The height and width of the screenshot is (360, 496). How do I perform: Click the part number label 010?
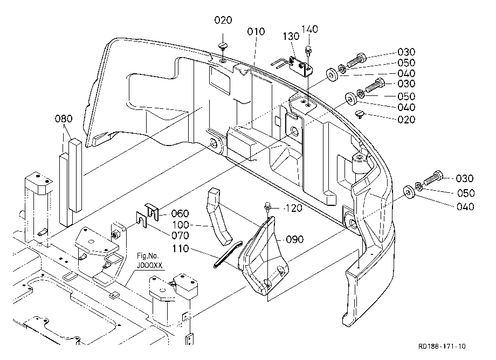tap(256, 32)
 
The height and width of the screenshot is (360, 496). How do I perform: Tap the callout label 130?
tap(291, 36)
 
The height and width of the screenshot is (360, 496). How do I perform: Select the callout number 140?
tap(309, 29)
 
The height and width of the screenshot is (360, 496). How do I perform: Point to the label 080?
tap(64, 119)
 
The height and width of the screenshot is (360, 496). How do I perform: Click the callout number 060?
tap(180, 213)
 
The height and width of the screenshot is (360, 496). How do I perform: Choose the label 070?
tap(180, 236)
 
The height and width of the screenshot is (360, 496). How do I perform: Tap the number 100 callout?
tap(181, 225)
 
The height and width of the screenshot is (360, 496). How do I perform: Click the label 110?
tap(181, 249)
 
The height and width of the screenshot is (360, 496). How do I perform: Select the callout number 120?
tap(294, 208)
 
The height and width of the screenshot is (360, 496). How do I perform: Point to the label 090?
tap(295, 240)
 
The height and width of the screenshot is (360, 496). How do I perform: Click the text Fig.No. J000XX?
tap(149, 260)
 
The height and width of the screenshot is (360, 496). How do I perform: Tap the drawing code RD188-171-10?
tap(442, 347)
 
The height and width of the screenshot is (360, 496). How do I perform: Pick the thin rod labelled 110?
tap(228, 255)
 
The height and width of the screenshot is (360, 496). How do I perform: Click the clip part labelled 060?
tap(152, 211)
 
